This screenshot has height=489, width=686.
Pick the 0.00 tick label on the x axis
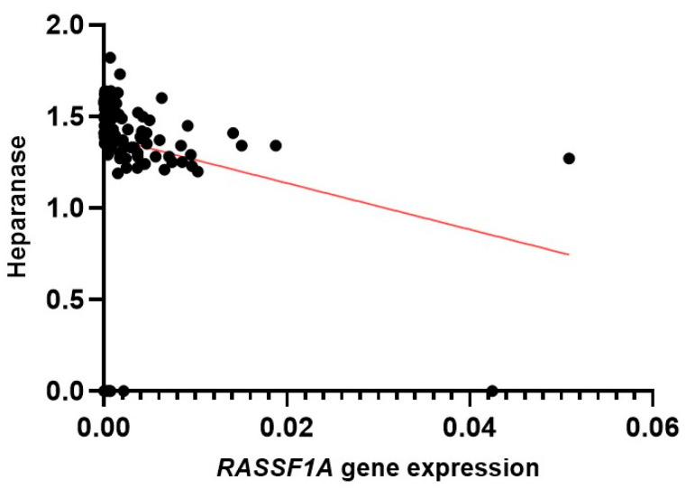click(x=103, y=425)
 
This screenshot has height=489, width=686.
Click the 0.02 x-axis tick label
click(x=286, y=425)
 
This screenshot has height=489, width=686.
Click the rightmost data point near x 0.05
click(x=568, y=158)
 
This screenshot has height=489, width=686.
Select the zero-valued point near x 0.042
click(x=491, y=391)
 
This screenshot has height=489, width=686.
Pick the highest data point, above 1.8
click(x=110, y=58)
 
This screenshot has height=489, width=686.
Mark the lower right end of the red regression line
click(x=569, y=254)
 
